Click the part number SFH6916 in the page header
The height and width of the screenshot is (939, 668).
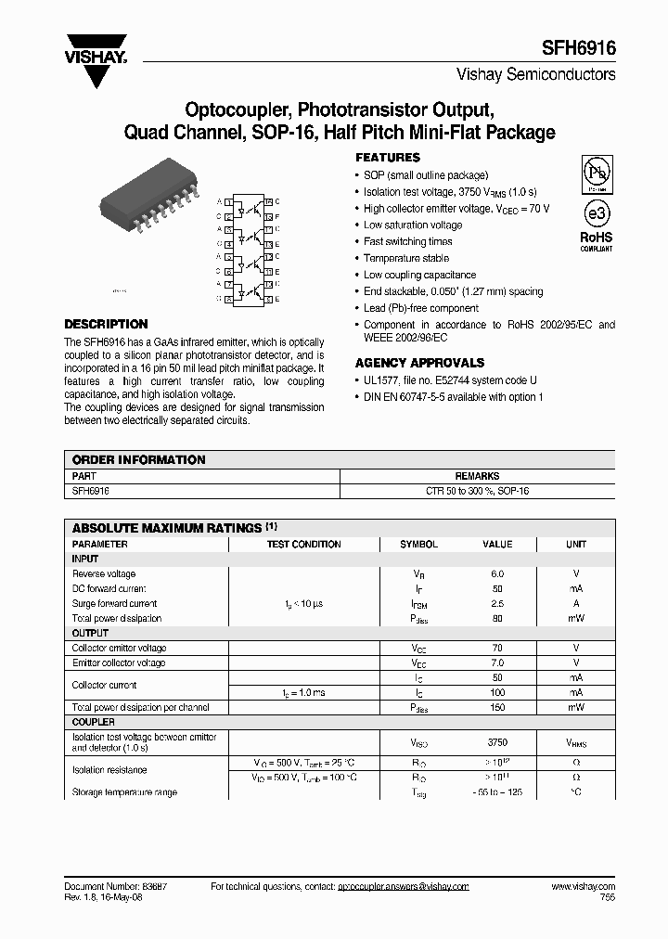tap(579, 46)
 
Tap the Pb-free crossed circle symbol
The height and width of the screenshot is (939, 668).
tap(596, 173)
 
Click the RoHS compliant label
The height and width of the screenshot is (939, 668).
tap(597, 241)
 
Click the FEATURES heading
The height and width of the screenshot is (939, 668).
tap(388, 158)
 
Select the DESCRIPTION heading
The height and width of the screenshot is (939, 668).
tap(106, 325)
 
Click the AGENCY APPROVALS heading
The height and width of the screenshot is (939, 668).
tap(419, 363)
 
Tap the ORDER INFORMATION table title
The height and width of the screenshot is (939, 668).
tap(139, 460)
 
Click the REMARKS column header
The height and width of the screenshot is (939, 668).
tap(477, 475)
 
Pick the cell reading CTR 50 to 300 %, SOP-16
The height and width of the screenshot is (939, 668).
tap(477, 490)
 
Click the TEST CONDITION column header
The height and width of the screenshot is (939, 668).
tap(303, 545)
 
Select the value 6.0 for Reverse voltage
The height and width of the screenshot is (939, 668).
tap(497, 574)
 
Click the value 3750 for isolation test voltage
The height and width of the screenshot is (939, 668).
tap(497, 743)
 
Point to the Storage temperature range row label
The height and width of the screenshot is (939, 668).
tap(124, 792)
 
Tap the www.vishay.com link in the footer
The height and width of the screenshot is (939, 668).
tap(583, 887)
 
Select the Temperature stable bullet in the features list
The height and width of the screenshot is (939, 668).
tap(406, 258)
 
